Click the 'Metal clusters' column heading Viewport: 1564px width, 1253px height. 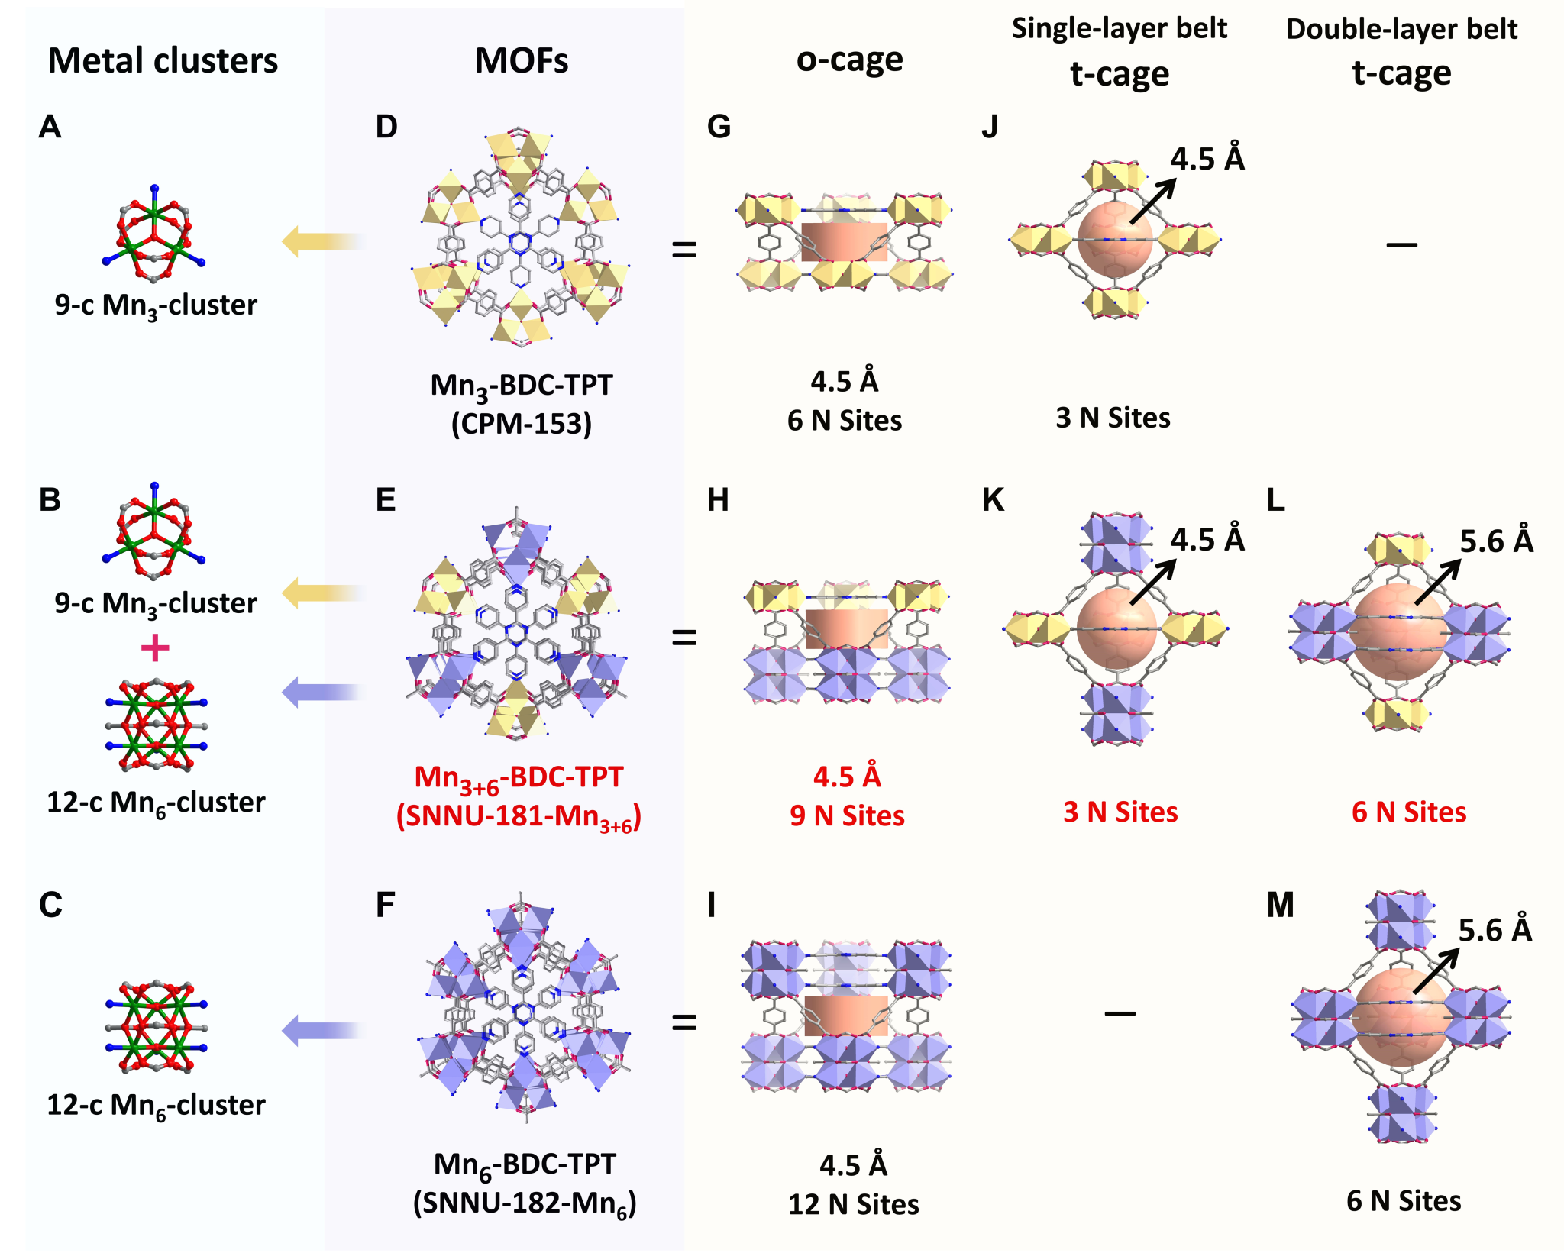163,61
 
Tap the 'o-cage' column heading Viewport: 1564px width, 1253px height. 849,60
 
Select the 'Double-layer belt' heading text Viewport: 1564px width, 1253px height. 1401,29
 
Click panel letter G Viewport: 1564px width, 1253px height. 719,127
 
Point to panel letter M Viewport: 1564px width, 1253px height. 1281,906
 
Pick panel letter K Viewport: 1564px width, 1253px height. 993,500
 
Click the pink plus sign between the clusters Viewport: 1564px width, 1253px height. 155,648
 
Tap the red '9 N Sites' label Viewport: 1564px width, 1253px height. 847,815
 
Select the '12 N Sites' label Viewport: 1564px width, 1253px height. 853,1204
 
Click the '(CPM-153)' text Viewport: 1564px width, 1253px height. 522,423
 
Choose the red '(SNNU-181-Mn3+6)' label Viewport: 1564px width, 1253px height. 519,816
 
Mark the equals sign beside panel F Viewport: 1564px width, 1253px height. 684,1022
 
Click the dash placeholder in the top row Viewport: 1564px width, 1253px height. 1401,244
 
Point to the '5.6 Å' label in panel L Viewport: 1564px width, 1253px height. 1496,541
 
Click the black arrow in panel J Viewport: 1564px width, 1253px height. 1152,202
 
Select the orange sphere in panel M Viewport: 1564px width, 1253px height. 1400,1019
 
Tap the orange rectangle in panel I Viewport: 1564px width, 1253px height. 846,1016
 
